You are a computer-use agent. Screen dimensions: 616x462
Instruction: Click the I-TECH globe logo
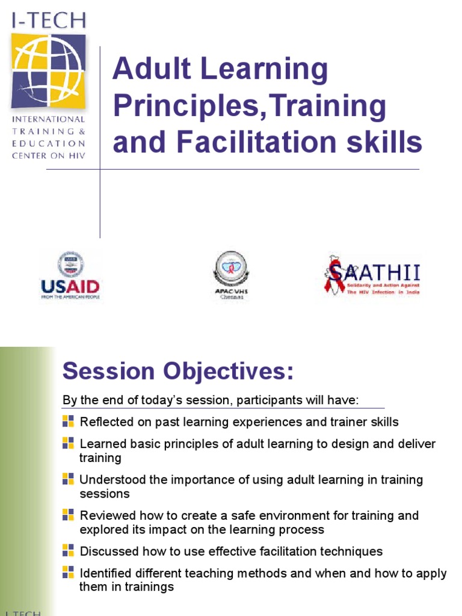pos(48,71)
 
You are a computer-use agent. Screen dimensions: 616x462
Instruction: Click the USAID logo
pos(70,276)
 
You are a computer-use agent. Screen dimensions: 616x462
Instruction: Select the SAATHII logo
pos(372,275)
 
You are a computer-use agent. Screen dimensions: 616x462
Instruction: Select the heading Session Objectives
pos(178,371)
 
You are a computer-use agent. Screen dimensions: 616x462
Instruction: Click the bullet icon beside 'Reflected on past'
pos(68,421)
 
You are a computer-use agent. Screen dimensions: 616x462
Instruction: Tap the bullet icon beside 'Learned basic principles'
pos(68,443)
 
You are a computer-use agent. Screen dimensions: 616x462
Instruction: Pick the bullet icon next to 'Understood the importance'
pos(68,479)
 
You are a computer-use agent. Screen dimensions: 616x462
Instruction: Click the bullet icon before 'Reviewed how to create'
pos(68,515)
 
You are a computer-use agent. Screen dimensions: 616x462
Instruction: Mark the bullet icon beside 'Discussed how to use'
pos(68,550)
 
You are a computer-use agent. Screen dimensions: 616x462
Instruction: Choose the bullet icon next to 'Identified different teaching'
pos(68,572)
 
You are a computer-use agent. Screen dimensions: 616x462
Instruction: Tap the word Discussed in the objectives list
pos(108,551)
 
